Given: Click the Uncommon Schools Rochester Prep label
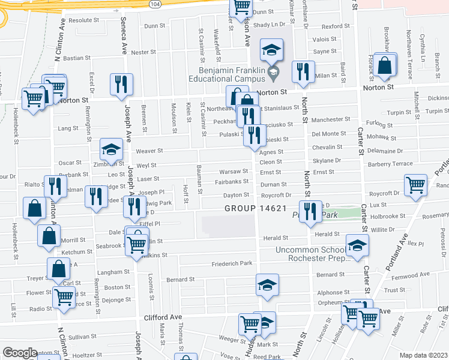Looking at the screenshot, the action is (312, 254).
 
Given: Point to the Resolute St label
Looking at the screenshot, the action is (83, 20).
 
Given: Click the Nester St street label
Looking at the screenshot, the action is (143, 52).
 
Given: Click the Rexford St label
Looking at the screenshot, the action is (336, 26).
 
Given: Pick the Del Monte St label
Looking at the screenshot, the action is (330, 134).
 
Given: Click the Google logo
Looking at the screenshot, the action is (20, 353).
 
